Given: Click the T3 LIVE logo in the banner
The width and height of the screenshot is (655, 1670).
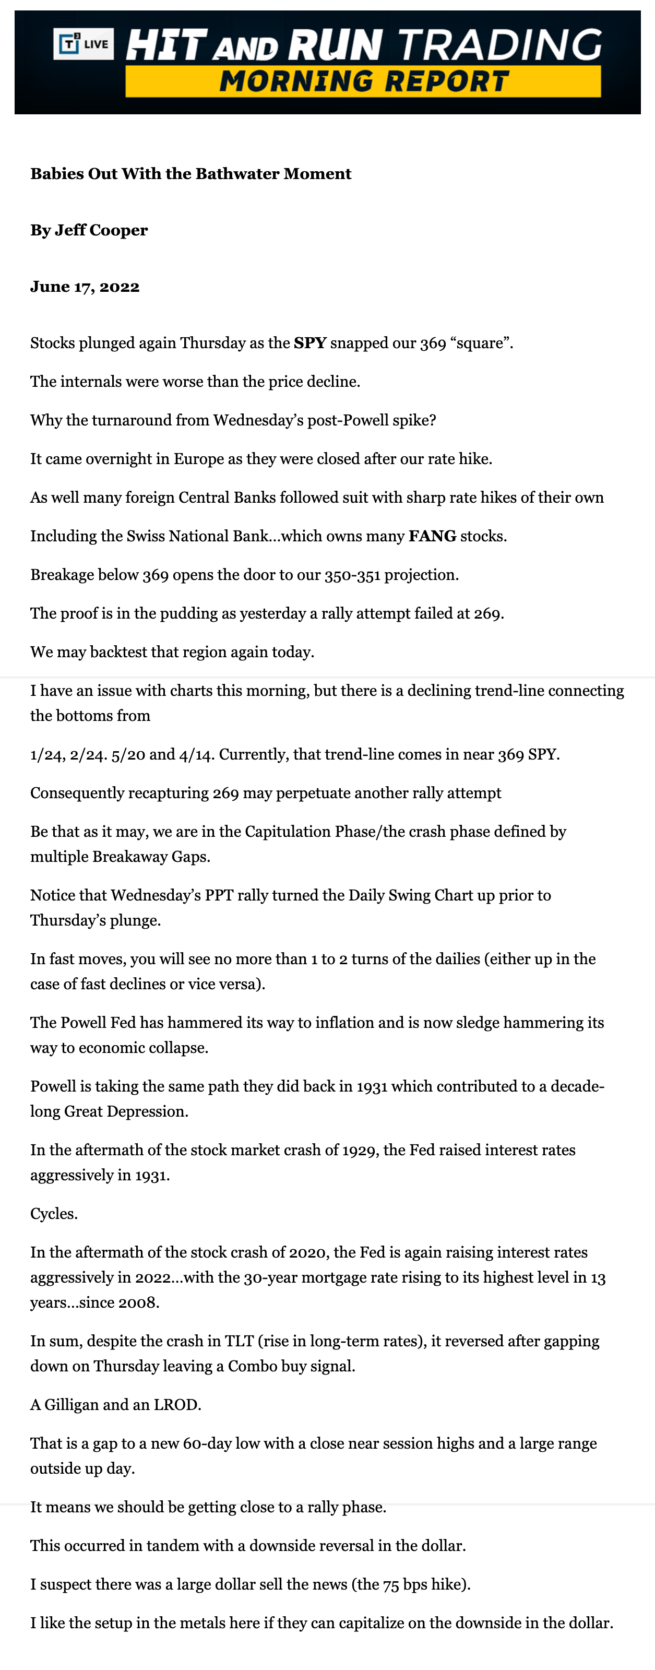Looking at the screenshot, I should coord(84,44).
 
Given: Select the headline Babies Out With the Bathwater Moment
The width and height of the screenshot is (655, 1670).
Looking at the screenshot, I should coord(190,174).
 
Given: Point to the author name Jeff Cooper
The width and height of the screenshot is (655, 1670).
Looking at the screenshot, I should coord(101,230).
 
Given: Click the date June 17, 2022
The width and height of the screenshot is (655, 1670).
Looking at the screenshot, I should coord(85,287).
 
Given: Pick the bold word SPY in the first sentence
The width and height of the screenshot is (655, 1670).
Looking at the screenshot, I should coord(309,343).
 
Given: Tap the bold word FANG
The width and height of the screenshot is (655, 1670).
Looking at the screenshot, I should coord(432,536).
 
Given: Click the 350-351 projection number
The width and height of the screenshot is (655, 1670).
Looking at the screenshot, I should coord(352,575).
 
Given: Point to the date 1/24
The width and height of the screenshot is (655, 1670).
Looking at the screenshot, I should coord(44,755).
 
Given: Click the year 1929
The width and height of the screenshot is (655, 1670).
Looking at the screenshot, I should coord(358,1150).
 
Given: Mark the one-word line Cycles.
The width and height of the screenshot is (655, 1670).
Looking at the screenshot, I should coord(54,1214).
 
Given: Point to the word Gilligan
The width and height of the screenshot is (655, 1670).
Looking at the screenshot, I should coord(72,1405).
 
